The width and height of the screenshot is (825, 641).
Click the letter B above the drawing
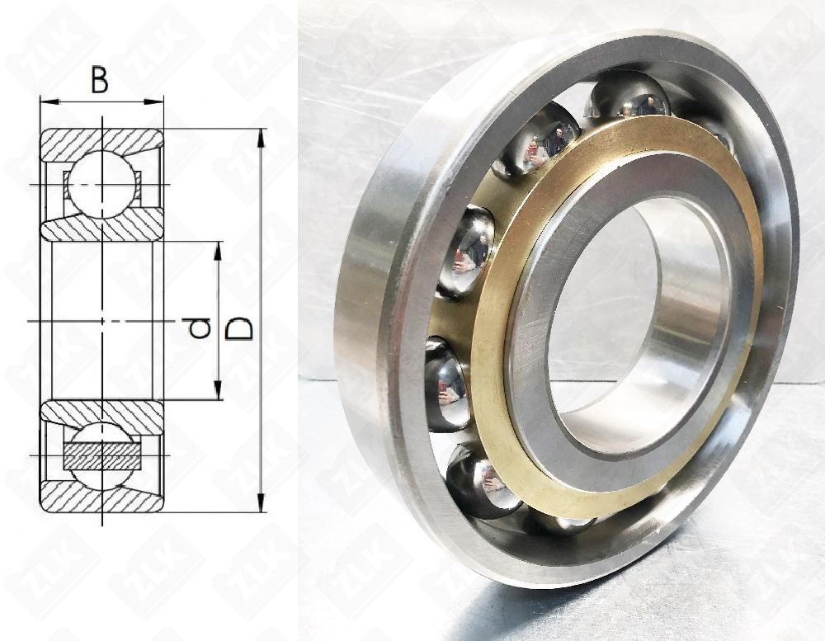(100, 81)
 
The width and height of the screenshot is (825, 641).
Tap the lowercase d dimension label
(199, 328)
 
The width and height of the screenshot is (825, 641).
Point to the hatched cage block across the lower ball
(101, 455)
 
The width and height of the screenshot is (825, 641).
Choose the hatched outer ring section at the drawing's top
(101, 142)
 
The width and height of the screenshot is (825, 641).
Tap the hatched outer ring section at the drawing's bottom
(101, 498)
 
